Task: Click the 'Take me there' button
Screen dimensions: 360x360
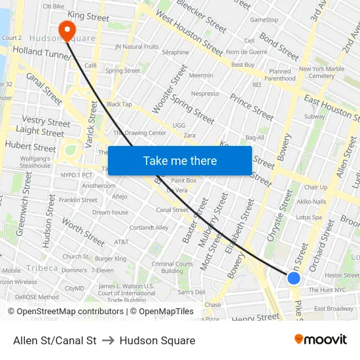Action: [179, 161]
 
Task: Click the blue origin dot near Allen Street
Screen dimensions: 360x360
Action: [294, 278]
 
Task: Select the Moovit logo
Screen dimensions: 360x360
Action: [321, 340]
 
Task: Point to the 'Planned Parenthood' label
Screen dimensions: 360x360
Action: [280, 75]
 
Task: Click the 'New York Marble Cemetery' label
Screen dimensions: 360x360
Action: [321, 72]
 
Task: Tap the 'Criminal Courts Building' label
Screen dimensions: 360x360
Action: [172, 267]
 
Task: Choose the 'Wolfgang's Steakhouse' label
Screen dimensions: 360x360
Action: [35, 162]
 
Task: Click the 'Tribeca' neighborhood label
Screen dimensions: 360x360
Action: [42, 268]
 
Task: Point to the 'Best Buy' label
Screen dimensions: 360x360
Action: [243, 65]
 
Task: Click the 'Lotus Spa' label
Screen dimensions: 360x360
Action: [308, 217]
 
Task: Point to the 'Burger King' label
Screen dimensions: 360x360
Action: [111, 259]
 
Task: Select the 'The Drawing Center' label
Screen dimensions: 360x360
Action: [139, 133]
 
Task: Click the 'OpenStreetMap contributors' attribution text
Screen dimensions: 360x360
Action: [70, 312]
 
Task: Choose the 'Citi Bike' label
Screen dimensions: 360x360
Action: [54, 6]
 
